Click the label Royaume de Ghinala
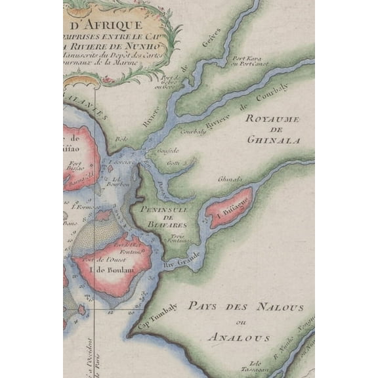[272, 129]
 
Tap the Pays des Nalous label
[245, 307]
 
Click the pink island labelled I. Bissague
[229, 207]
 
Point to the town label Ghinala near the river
[230, 178]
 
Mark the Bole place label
[121, 139]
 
